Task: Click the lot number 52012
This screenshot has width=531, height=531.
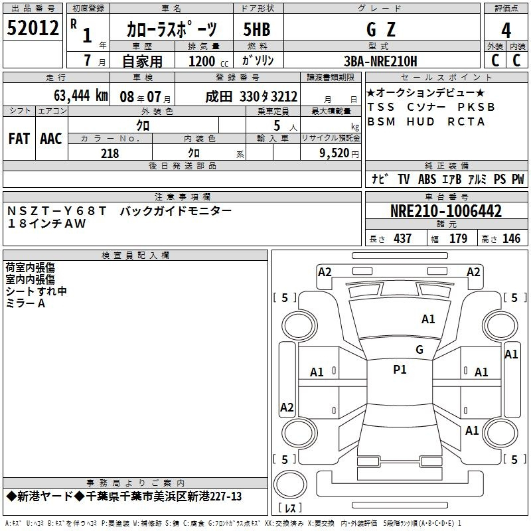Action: tap(33, 28)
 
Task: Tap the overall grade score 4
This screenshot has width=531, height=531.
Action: tap(506, 30)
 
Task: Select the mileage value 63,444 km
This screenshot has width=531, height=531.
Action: tap(81, 96)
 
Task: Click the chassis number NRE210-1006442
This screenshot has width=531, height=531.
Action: tap(446, 211)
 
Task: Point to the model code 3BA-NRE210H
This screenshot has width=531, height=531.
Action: tap(380, 61)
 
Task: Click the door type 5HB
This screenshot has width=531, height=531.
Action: tap(257, 29)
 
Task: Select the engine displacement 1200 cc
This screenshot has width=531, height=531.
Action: tap(208, 61)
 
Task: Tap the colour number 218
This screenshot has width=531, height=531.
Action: tap(110, 153)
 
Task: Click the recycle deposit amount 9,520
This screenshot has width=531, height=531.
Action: tap(335, 153)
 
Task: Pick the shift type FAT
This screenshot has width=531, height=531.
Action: tap(19, 139)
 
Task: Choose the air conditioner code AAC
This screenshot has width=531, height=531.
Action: tap(51, 139)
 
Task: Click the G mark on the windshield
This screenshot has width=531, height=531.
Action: tap(419, 350)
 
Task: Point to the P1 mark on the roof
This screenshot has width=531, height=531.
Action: tap(400, 370)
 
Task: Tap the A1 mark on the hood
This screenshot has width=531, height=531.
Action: tap(428, 319)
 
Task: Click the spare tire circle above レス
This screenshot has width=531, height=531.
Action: tap(290, 485)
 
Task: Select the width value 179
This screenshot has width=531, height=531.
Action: tap(458, 238)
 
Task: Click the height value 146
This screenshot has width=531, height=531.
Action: tap(511, 238)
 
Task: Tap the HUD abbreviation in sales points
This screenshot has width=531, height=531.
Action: tap(421, 121)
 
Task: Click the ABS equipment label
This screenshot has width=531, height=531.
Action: tap(427, 179)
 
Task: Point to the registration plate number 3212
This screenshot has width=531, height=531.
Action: tap(285, 97)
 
